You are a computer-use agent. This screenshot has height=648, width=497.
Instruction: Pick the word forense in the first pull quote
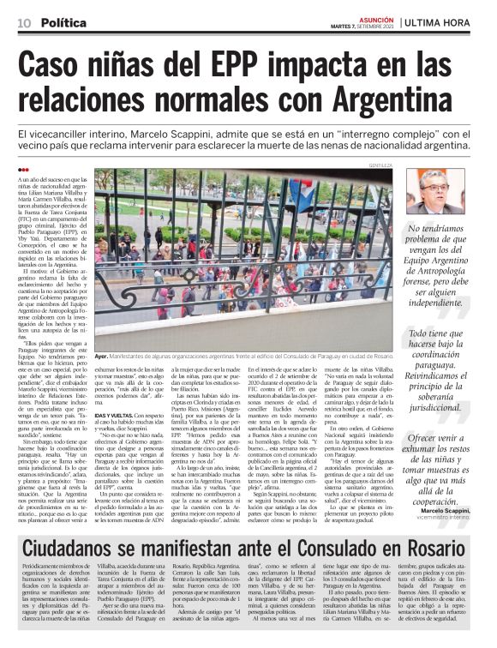pyautogui.click(x=425, y=275)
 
